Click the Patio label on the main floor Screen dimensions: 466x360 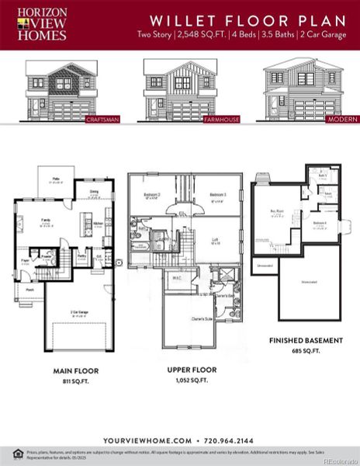[56, 179]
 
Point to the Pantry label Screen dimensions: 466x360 [81, 254]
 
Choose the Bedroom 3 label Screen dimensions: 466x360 [217, 194]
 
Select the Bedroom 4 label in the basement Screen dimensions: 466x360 [320, 223]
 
